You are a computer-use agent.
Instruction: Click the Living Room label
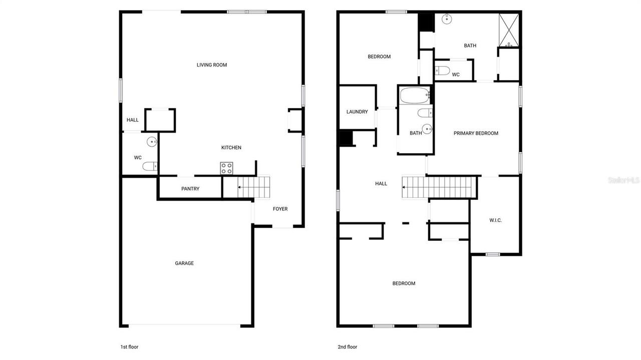click(x=212, y=65)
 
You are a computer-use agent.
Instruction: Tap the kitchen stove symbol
click(x=227, y=168)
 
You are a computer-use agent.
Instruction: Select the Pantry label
click(x=190, y=189)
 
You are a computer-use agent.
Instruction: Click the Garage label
click(x=184, y=263)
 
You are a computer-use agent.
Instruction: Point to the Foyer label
click(x=280, y=209)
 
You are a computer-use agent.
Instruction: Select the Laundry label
click(x=357, y=112)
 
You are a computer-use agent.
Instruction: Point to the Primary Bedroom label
click(x=476, y=133)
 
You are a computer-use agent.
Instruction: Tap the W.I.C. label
click(x=495, y=220)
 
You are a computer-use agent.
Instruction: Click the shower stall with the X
click(x=509, y=30)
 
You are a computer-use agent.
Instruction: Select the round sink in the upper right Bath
click(x=447, y=20)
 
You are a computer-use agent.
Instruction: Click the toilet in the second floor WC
click(x=442, y=71)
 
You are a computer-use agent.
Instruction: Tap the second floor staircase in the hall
click(x=438, y=187)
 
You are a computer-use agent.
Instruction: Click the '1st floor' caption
click(x=129, y=346)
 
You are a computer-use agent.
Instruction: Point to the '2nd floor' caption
click(x=348, y=346)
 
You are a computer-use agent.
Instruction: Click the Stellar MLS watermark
click(x=623, y=180)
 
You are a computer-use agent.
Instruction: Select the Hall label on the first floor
click(x=133, y=120)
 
